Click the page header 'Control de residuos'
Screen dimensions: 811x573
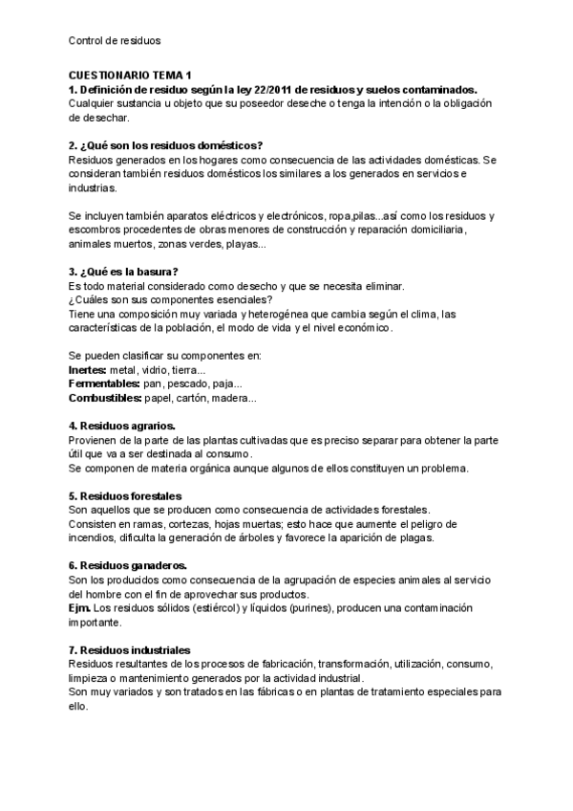click(x=116, y=42)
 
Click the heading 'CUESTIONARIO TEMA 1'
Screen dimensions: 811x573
click(x=131, y=75)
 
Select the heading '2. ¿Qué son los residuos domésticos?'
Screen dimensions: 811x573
click(x=166, y=145)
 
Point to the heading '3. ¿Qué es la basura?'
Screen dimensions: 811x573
click(x=124, y=272)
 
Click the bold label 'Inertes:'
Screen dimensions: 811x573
click(x=88, y=370)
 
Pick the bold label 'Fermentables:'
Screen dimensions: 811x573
click(x=104, y=384)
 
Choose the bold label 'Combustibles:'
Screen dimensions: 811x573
click(x=105, y=398)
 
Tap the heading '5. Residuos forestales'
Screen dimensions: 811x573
click(x=124, y=496)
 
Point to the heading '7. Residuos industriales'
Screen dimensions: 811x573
click(x=130, y=650)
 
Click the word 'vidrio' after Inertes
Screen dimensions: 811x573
click(x=154, y=370)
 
